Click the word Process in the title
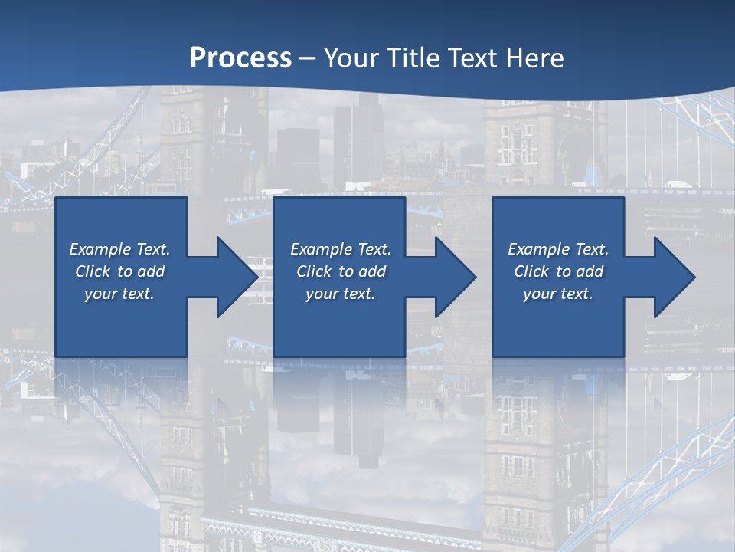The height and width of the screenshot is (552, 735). pos(240,58)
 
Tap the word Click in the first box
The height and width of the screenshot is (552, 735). pos(93,271)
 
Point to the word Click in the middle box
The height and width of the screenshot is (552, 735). pos(314,271)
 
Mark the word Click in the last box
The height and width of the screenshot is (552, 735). pos(531,271)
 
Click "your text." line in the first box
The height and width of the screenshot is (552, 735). pos(119,294)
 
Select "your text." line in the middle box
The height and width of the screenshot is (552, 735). pos(340,294)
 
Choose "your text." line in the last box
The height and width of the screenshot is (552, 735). pos(558,294)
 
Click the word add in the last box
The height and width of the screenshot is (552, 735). pos(590,271)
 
